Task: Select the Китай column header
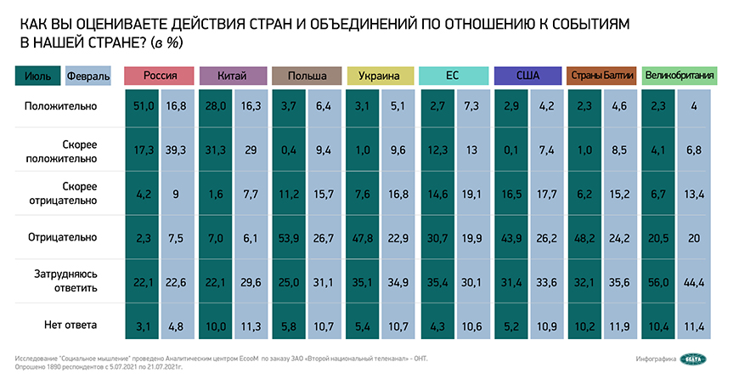click(234, 76)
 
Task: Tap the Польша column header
click(308, 76)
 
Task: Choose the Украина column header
click(381, 76)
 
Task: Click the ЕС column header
click(454, 76)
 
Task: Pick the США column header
click(528, 76)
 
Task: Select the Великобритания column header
click(680, 76)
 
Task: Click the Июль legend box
click(37, 76)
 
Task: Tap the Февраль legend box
click(87, 76)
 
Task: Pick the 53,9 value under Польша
click(290, 238)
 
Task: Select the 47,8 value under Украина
click(364, 238)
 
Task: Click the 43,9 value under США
click(511, 238)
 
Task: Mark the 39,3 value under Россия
click(178, 150)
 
